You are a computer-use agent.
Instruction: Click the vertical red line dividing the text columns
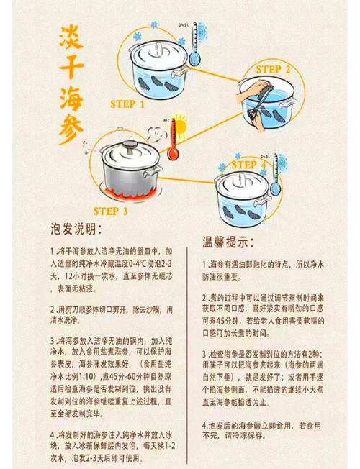189,345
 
